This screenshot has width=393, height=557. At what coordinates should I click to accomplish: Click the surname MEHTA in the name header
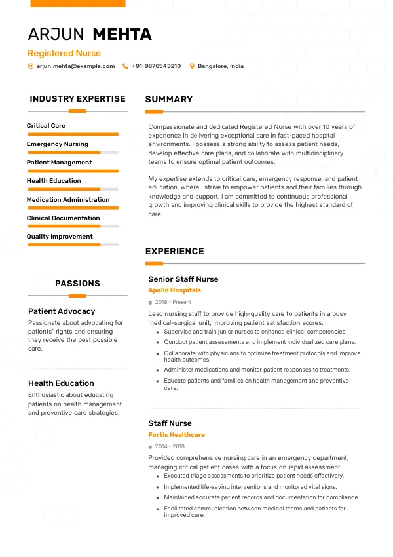coord(122,35)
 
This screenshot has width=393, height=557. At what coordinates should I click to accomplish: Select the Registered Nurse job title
coord(64,53)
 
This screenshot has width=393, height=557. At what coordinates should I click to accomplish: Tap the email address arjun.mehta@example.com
coord(75,66)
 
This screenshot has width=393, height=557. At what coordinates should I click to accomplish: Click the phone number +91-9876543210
coord(156,66)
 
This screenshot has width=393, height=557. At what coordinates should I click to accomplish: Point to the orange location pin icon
coord(192,66)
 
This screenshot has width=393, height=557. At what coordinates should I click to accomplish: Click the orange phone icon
coord(125,66)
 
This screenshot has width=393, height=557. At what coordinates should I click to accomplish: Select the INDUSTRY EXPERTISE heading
coord(77,99)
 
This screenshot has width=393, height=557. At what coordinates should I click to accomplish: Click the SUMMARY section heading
coord(169,100)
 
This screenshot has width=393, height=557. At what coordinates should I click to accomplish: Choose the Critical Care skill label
coord(46,125)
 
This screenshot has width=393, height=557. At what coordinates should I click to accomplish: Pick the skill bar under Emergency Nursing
coord(73,153)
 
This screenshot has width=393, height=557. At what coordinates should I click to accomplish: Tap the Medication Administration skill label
coord(68,199)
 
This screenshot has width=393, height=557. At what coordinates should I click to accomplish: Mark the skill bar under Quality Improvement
coord(73,245)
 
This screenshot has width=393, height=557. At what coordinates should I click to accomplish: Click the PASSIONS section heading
coord(77,284)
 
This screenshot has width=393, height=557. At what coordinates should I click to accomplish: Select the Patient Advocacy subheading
coord(62,311)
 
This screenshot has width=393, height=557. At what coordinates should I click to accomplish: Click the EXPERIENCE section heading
coord(175,251)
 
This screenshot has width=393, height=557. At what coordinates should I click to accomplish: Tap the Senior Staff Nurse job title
coord(183,279)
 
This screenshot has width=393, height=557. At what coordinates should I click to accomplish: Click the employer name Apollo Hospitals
coord(175,290)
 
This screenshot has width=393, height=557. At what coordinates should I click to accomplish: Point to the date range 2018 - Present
coord(173,303)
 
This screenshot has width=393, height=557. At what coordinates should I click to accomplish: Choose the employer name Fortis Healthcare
coord(177,435)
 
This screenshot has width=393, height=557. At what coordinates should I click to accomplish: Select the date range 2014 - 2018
coord(169,447)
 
